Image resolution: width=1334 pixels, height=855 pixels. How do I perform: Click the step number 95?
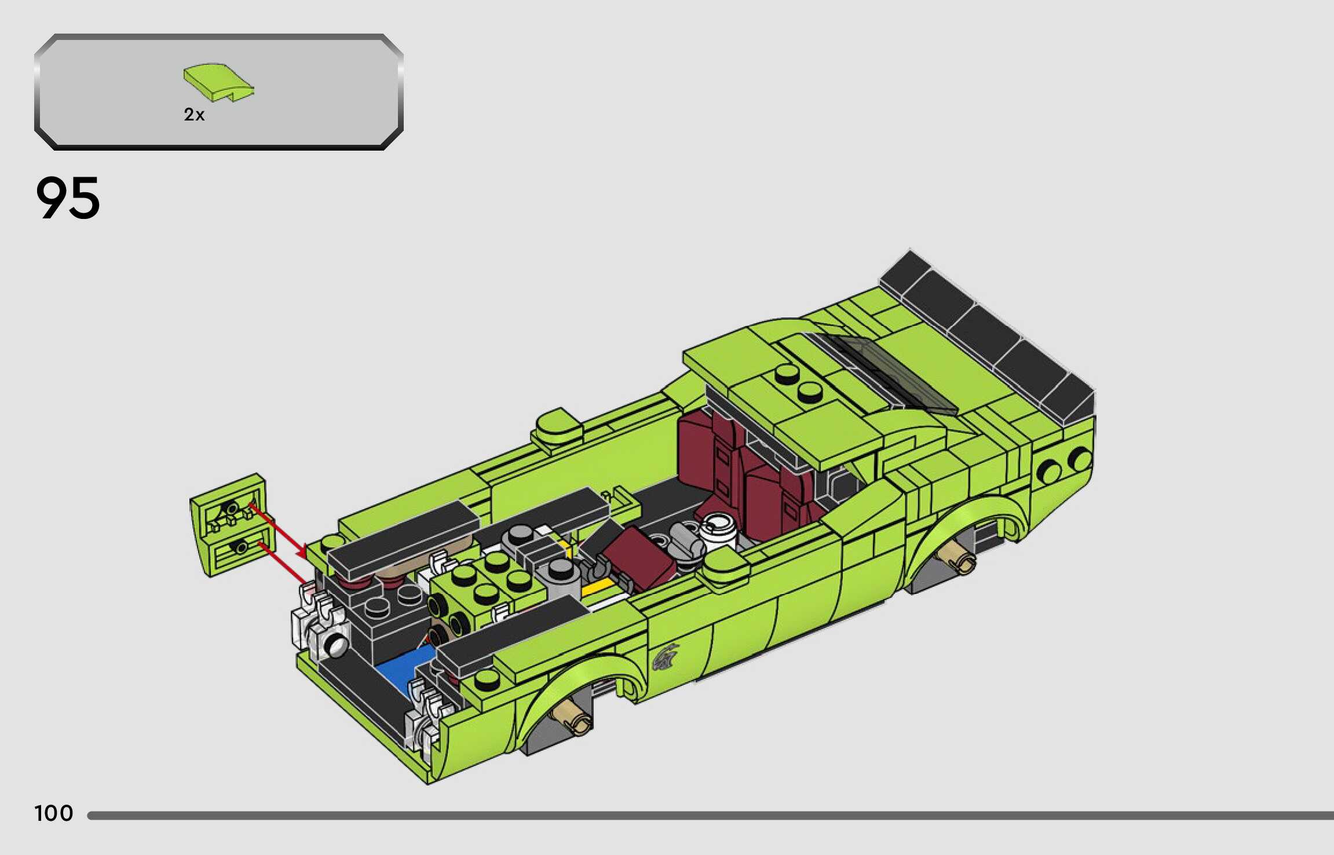(x=68, y=198)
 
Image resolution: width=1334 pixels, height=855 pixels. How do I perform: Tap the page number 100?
(x=54, y=813)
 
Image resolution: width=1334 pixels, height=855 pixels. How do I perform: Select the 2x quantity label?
(x=194, y=115)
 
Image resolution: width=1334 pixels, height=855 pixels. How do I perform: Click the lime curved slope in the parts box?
(x=218, y=81)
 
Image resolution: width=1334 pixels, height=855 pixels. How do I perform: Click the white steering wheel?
(x=718, y=531)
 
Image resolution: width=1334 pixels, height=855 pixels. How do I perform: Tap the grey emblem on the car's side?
(x=666, y=656)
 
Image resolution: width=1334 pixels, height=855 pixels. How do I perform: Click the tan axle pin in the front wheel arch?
(x=573, y=715)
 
